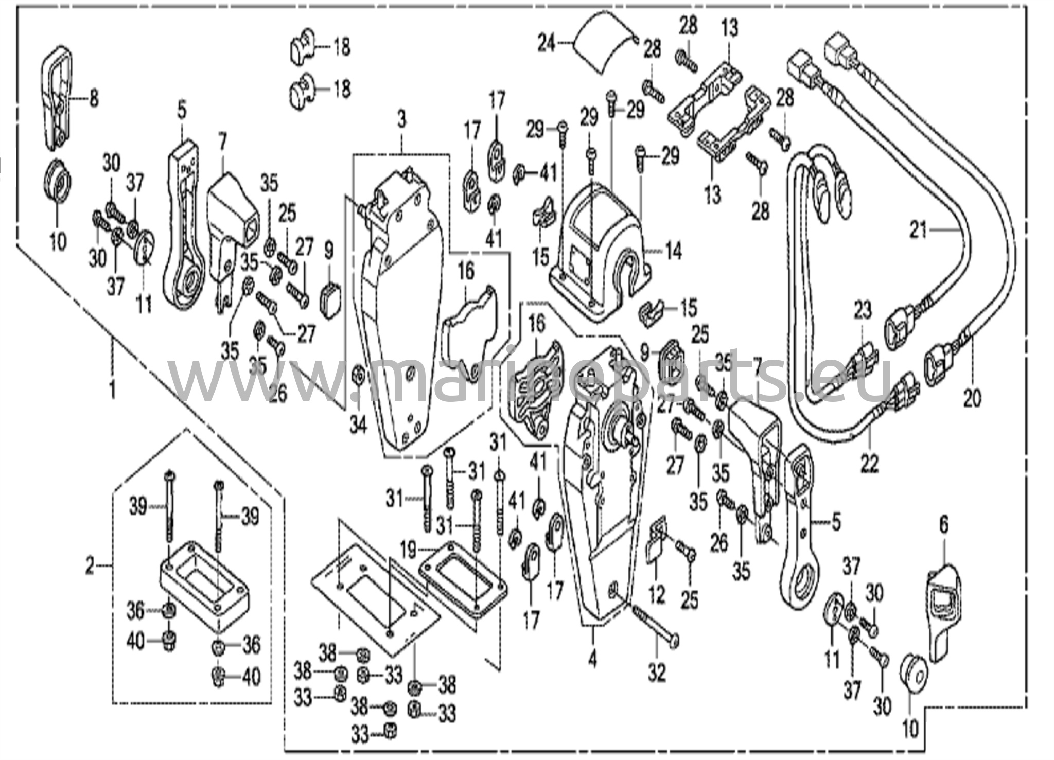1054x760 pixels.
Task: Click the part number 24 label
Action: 547,44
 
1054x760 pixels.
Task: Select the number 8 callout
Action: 93,98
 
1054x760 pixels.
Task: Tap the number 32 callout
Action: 657,672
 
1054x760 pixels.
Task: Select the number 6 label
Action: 943,525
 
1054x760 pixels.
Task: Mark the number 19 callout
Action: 408,552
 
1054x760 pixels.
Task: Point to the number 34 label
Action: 358,425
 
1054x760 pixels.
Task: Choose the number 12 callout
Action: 656,595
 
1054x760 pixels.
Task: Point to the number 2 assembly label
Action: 90,567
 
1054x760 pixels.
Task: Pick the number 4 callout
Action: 593,659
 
